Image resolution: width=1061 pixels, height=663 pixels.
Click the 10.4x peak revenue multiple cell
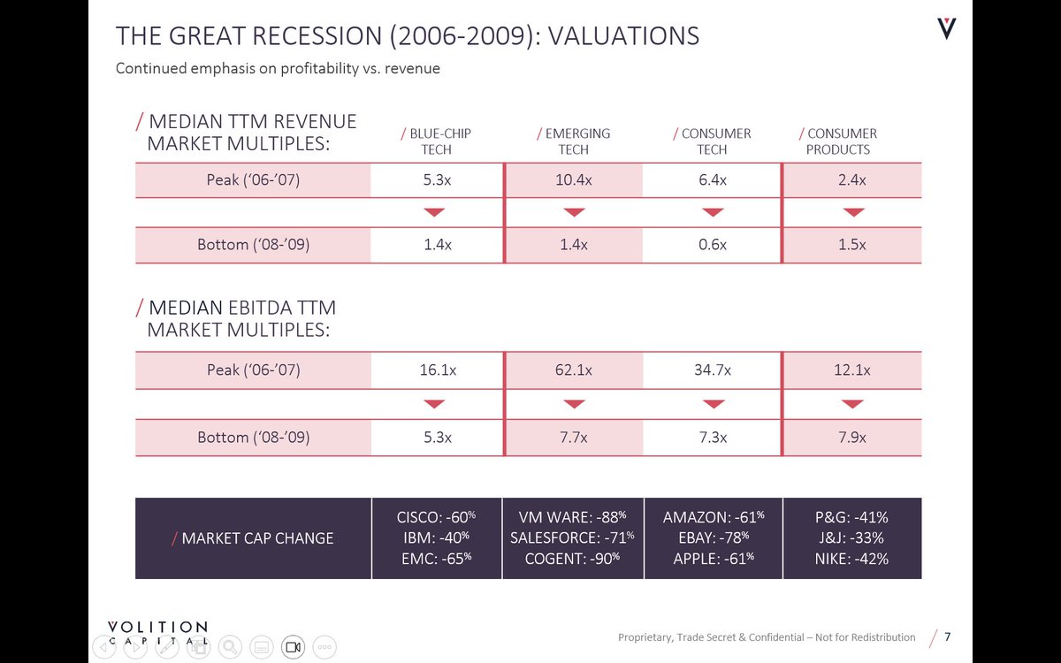574,180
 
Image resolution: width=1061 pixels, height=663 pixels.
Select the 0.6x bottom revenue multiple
712,245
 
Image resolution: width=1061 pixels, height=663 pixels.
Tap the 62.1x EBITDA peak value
574,370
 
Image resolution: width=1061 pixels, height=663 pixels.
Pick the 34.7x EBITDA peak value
712,370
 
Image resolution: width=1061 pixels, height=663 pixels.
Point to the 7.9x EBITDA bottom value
852,438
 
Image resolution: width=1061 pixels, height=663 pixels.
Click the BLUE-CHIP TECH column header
436,141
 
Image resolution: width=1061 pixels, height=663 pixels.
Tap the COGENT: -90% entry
572,559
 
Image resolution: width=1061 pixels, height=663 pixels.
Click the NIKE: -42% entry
851,559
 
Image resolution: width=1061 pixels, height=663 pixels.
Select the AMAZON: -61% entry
713,516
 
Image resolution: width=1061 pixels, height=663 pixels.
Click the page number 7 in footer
948,637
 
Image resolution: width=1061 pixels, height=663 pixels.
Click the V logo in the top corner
947,30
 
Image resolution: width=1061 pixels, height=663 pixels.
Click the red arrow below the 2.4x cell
852,212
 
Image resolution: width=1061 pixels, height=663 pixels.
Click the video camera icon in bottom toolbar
293,647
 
